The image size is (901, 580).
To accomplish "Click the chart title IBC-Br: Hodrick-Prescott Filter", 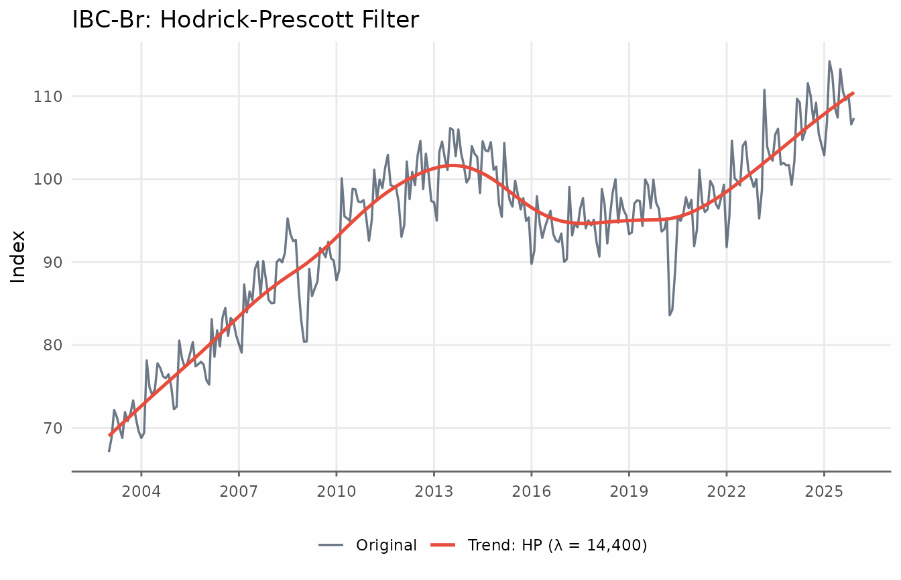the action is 245,19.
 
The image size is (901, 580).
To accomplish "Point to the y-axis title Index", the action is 18,256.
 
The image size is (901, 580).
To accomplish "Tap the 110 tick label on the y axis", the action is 48,97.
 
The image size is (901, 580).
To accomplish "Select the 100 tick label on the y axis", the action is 48,179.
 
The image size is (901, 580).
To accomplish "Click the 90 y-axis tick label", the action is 53,262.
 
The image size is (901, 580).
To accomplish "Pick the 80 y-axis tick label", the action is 53,345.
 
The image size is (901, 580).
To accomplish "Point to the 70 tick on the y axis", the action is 53,428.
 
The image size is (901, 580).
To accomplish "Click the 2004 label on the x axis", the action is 141,491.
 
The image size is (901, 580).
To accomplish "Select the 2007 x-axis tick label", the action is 239,491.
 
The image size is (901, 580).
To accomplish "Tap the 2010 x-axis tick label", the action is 337,491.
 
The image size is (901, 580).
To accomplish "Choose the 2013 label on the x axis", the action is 434,491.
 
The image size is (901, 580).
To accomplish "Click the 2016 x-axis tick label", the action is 532,491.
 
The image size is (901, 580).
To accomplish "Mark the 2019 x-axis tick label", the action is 629,491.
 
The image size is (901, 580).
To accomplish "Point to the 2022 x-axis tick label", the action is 727,491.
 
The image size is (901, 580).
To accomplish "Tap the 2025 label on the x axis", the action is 824,491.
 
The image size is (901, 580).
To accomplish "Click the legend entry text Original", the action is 386,545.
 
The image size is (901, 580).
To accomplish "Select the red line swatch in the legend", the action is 443,545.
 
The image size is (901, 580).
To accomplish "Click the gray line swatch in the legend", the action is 331,545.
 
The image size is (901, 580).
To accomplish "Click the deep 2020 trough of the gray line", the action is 670,315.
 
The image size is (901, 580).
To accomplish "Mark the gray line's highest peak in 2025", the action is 829,62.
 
